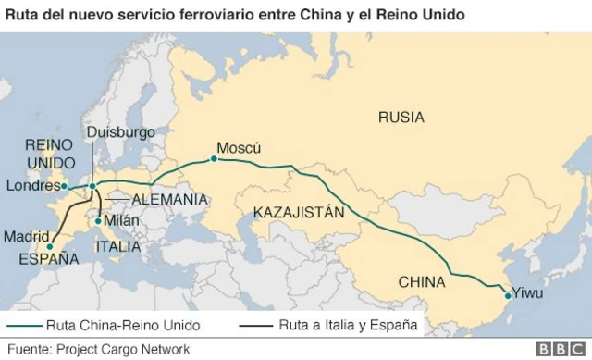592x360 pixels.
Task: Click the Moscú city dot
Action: pyautogui.click(x=214, y=159)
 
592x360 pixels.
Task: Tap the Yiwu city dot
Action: pyautogui.click(x=507, y=295)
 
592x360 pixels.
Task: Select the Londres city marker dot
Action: pyautogui.click(x=64, y=187)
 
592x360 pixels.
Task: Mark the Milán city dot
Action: pyautogui.click(x=98, y=220)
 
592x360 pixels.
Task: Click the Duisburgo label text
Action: pyautogui.click(x=120, y=132)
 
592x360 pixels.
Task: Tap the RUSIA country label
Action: pyautogui.click(x=401, y=117)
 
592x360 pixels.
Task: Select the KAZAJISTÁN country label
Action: pyautogui.click(x=298, y=212)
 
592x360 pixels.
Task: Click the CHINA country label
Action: pyautogui.click(x=423, y=281)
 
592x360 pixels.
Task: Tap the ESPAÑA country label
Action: pyautogui.click(x=49, y=259)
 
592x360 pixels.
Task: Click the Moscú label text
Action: pyautogui.click(x=239, y=148)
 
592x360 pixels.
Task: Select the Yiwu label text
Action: pyautogui.click(x=529, y=294)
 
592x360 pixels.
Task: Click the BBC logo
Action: pyautogui.click(x=556, y=349)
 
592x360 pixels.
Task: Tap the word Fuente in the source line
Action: pyautogui.click(x=29, y=349)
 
